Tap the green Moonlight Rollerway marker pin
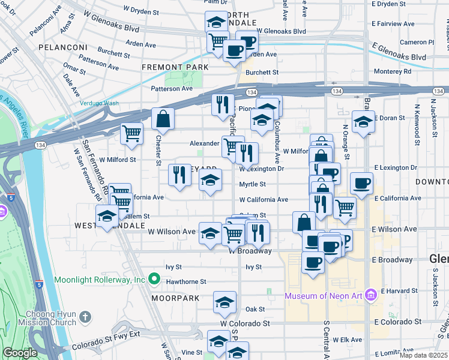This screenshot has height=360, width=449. pyautogui.click(x=154, y=280)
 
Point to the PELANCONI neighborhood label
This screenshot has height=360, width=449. pyautogui.click(x=59, y=47)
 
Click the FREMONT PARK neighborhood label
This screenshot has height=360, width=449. pyautogui.click(x=175, y=67)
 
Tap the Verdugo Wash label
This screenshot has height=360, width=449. pyautogui.click(x=100, y=103)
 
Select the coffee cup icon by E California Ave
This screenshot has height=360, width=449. pyautogui.click(x=361, y=183)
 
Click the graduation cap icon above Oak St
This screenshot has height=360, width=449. pyautogui.click(x=224, y=302)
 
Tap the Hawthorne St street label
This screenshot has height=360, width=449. pyautogui.click(x=186, y=281)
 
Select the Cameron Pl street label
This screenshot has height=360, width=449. pyautogui.click(x=417, y=42)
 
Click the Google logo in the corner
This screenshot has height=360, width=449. pyautogui.click(x=20, y=353)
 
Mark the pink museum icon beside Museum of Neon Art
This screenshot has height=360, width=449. pyautogui.click(x=370, y=295)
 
